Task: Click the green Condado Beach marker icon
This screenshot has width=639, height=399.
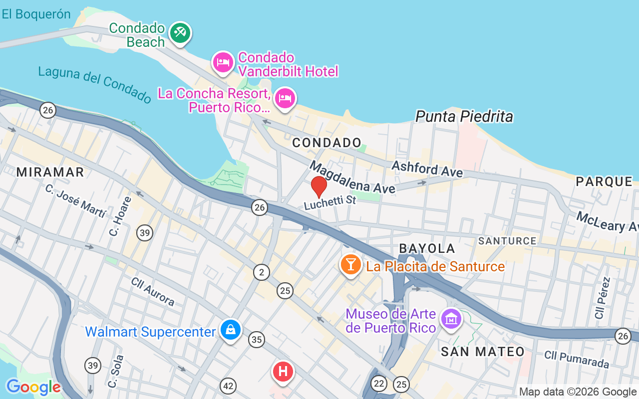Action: point(180,33)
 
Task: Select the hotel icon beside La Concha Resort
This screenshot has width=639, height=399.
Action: point(285,98)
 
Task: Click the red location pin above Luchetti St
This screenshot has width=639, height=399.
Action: point(319,187)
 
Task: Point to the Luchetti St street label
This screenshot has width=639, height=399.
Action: point(330,202)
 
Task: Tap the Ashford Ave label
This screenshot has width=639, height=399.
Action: point(427,169)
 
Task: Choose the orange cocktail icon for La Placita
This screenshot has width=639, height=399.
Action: point(350,264)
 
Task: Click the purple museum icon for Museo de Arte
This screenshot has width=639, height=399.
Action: point(452,317)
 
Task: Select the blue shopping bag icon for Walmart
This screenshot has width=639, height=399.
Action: point(231,330)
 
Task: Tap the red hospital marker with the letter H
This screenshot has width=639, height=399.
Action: point(283,372)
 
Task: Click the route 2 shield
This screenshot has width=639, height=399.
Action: point(261,272)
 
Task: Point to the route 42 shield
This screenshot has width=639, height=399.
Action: point(228,386)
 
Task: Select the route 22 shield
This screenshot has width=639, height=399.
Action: point(379,384)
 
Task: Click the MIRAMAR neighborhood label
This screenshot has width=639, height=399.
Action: point(50,172)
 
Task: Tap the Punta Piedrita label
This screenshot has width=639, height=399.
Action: point(464,117)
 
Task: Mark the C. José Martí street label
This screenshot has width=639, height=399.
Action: point(75,201)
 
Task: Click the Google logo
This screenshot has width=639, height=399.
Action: point(33,387)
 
